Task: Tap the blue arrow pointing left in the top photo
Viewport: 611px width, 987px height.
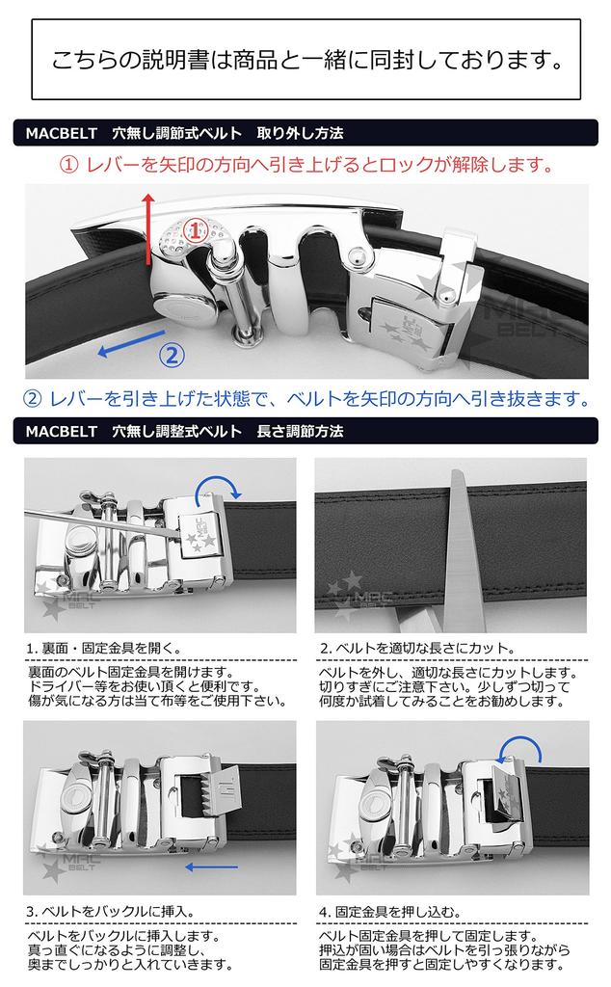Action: [x=131, y=343]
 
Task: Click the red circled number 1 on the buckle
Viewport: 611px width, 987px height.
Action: [x=195, y=230]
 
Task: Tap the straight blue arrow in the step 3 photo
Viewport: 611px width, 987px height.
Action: [x=212, y=867]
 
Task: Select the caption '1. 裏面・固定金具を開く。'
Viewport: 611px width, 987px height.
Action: [x=104, y=648]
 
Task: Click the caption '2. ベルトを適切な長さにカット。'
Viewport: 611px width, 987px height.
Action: [x=417, y=648]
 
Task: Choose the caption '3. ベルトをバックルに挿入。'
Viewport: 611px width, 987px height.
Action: [x=111, y=911]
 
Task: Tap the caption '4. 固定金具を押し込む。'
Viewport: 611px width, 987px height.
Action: [x=390, y=911]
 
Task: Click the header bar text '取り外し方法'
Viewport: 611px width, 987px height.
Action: [x=300, y=133]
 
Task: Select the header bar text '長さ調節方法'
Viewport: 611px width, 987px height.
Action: [x=300, y=431]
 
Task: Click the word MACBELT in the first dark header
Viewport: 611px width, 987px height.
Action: [x=62, y=133]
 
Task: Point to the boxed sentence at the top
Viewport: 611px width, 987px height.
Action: [x=306, y=60]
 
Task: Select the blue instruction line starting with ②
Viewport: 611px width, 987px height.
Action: [x=306, y=398]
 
